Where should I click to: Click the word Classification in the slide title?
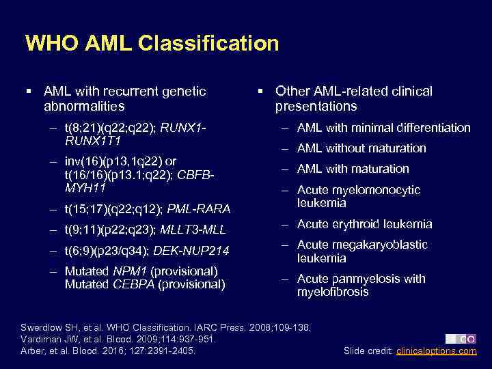point(208,43)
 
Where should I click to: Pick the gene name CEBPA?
point(133,284)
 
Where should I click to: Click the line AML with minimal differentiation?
point(383,128)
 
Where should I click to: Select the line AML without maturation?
point(361,148)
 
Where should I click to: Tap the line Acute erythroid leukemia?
point(364,224)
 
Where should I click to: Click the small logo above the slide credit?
point(461,339)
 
